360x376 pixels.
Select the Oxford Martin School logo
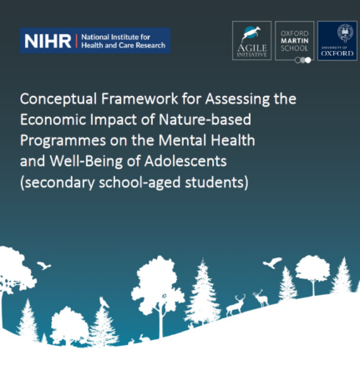click(x=295, y=41)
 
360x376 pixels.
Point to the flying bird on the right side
click(x=271, y=263)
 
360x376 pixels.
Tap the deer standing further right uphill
click(x=261, y=297)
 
